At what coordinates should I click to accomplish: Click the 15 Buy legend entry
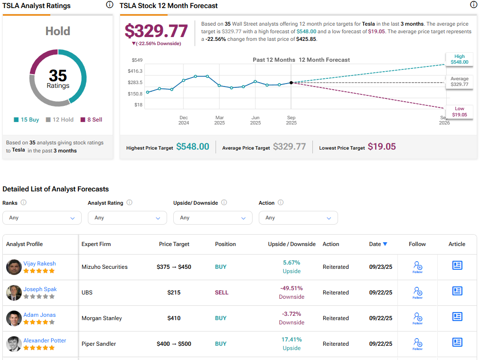pyautogui.click(x=26, y=120)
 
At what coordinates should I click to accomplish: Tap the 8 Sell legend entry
pyautogui.click(x=91, y=120)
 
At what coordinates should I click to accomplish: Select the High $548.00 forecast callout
pyautogui.click(x=459, y=59)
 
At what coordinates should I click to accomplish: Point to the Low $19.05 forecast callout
pyautogui.click(x=459, y=112)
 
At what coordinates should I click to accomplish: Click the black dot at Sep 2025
pyautogui.click(x=291, y=83)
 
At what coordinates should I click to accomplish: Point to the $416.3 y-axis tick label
pyautogui.click(x=135, y=71)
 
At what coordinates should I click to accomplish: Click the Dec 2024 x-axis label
pyautogui.click(x=184, y=120)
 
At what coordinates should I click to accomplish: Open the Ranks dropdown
pyautogui.click(x=42, y=218)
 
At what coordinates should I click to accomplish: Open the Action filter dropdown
pyautogui.click(x=298, y=218)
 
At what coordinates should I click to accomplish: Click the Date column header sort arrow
pyautogui.click(x=385, y=244)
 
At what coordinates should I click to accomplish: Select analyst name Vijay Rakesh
pyautogui.click(x=39, y=264)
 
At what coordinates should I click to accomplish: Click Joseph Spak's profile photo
pyautogui.click(x=14, y=293)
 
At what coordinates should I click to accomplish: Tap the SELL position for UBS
pyautogui.click(x=221, y=293)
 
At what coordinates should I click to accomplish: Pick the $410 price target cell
pyautogui.click(x=174, y=318)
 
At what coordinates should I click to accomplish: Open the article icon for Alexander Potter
pyautogui.click(x=457, y=342)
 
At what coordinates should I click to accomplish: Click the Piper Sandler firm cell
pyautogui.click(x=99, y=344)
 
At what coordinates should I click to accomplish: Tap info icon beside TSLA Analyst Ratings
pyautogui.click(x=110, y=5)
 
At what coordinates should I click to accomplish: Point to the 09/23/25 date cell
pyautogui.click(x=381, y=267)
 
